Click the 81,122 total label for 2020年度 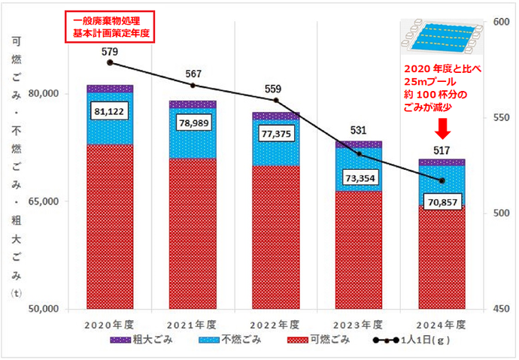pyautogui.click(x=110, y=111)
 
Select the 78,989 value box pyautogui.click(x=193, y=123)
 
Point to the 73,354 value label pyautogui.click(x=359, y=177)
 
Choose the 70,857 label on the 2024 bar pyautogui.click(x=442, y=203)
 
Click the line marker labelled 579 pyautogui.click(x=110, y=62)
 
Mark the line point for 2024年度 pyautogui.click(x=442, y=181)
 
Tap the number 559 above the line pyautogui.click(x=275, y=89)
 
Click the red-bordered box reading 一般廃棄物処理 pyautogui.click(x=111, y=27)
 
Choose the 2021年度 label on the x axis pyautogui.click(x=193, y=325)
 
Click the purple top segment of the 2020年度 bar pyautogui.click(x=110, y=89)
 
